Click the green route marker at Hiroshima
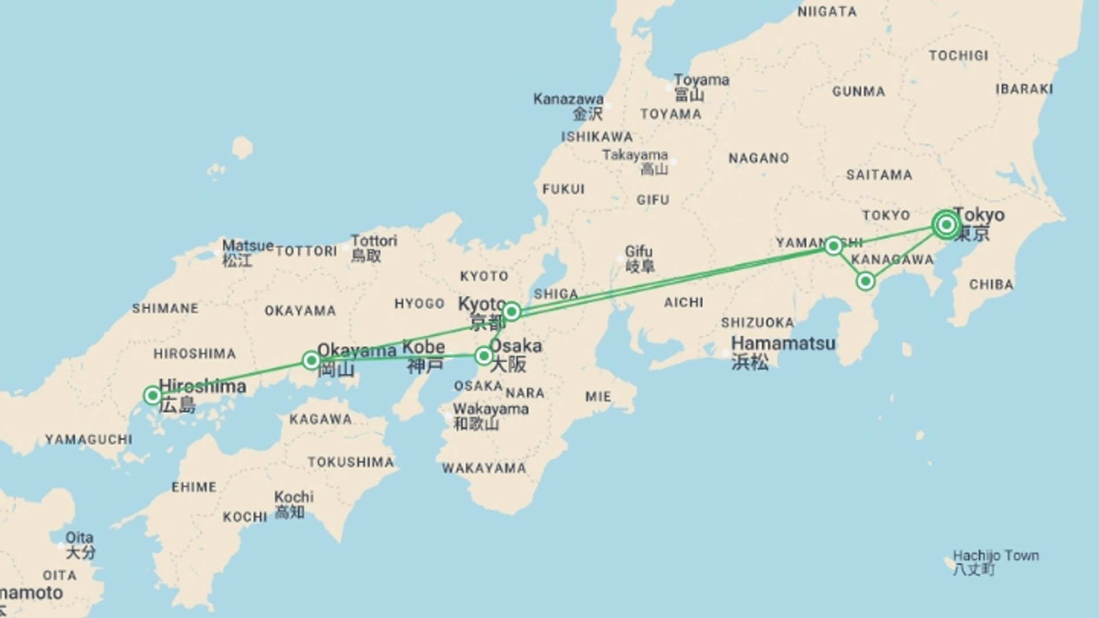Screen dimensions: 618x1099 click(152, 395)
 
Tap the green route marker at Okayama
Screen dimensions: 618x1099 click(311, 360)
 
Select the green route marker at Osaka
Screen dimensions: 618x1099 click(484, 356)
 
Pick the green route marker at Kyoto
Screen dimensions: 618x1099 click(511, 311)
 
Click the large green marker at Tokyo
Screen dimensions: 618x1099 click(946, 224)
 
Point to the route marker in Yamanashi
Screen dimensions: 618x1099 click(833, 246)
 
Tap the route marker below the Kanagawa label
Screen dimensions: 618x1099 click(865, 281)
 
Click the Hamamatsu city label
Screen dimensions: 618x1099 click(783, 344)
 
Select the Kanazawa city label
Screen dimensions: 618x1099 click(568, 99)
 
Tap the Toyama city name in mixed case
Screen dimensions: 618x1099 click(701, 80)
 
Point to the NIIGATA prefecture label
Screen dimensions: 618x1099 click(827, 12)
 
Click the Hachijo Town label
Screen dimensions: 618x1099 click(995, 556)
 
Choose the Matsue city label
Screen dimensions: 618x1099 click(247, 246)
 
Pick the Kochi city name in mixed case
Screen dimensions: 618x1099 click(294, 497)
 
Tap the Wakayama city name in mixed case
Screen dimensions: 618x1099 click(491, 409)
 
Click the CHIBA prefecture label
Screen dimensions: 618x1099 click(991, 284)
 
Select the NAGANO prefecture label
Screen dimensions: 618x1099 click(758, 158)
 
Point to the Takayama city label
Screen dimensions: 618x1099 click(635, 155)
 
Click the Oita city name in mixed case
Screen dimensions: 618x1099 click(79, 538)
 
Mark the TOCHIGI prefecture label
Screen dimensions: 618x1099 click(958, 56)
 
